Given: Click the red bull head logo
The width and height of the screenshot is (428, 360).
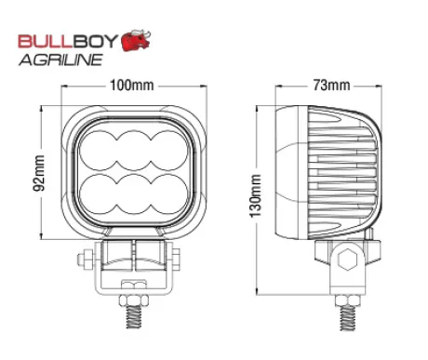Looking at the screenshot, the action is (x=136, y=40).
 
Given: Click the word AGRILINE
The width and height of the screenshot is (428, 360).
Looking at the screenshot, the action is (x=60, y=60).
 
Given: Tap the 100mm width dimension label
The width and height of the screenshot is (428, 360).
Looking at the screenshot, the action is (x=132, y=86).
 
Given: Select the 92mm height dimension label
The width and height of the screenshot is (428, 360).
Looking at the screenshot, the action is (x=39, y=173).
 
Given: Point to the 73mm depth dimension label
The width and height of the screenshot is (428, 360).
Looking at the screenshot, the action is (x=331, y=86).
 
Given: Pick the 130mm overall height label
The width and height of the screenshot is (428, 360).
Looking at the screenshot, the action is (x=256, y=195).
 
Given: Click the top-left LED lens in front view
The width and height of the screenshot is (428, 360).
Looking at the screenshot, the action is (x=99, y=151).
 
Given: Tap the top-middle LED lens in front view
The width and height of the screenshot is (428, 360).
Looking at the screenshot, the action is (x=133, y=151).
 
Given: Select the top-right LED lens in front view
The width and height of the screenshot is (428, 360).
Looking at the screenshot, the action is (x=168, y=151).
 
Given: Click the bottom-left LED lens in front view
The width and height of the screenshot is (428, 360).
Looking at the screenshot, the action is (x=99, y=194).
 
